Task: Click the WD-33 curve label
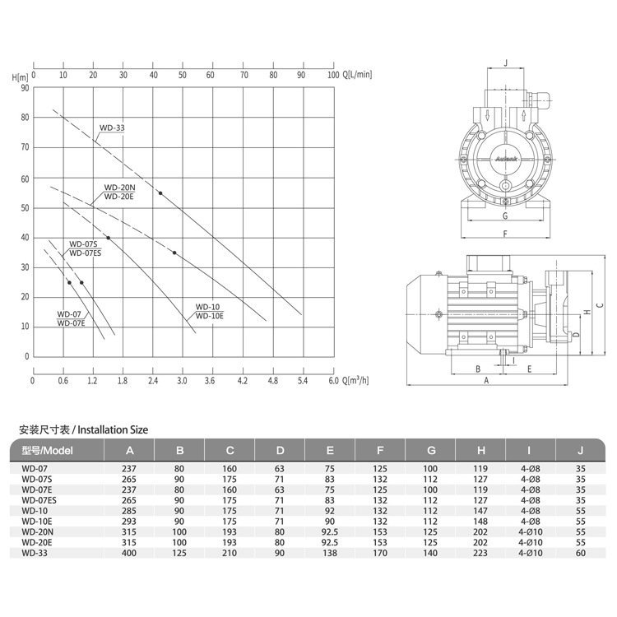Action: [x=112, y=128]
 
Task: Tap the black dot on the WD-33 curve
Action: [x=160, y=193]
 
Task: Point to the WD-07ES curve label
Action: [x=86, y=253]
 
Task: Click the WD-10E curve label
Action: [x=209, y=316]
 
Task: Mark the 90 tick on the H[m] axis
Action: [x=25, y=88]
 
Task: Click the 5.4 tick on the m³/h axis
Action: [x=303, y=381]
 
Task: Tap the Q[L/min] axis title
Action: [x=357, y=74]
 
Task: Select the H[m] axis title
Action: [x=20, y=77]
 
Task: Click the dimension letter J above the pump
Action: [x=506, y=63]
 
